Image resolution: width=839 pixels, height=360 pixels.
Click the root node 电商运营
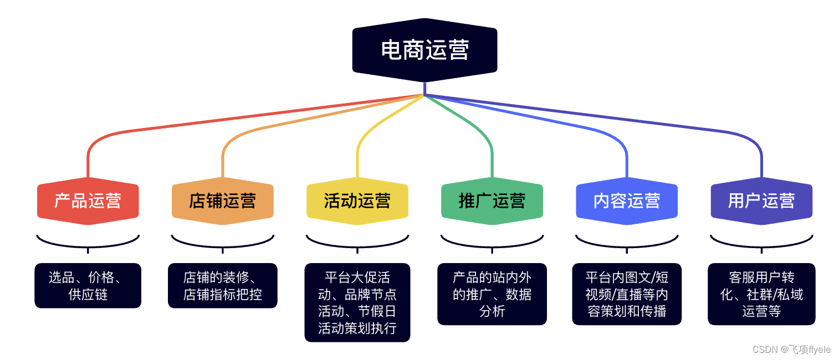click(x=424, y=50)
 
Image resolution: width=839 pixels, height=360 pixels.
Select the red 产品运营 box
click(x=88, y=200)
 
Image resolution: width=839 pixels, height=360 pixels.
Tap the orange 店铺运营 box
click(x=222, y=200)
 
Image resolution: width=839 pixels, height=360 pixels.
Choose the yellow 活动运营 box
click(x=357, y=200)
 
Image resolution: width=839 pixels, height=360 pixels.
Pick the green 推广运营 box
click(x=492, y=200)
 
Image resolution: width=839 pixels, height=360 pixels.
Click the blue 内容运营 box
click(x=626, y=200)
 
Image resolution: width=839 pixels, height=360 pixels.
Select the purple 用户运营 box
click(x=761, y=200)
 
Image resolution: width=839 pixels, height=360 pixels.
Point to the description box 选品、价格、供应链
click(x=88, y=285)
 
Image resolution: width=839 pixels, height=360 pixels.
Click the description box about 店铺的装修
click(x=222, y=285)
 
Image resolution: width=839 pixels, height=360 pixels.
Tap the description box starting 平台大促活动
click(x=357, y=302)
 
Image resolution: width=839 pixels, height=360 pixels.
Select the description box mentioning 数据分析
click(x=492, y=294)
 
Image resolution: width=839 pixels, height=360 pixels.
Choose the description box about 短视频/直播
click(x=626, y=294)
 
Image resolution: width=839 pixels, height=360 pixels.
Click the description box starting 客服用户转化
click(x=761, y=294)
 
